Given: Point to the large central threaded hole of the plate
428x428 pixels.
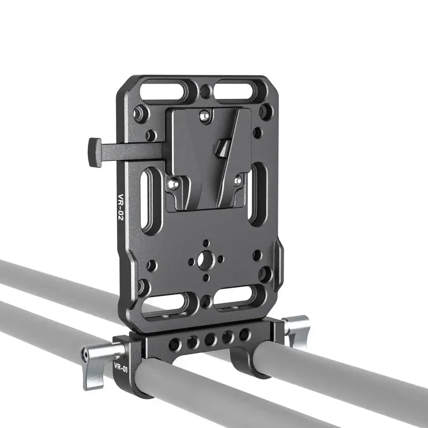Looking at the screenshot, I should [206, 259].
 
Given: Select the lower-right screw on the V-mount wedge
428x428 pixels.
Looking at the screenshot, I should [238, 181].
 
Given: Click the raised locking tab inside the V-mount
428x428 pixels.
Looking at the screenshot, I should [222, 148].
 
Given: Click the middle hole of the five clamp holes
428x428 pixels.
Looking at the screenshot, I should [210, 339].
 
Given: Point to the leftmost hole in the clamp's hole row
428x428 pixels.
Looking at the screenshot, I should [175, 344].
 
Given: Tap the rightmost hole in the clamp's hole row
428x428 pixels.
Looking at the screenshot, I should [244, 334].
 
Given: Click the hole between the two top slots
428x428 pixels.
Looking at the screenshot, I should [206, 90].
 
